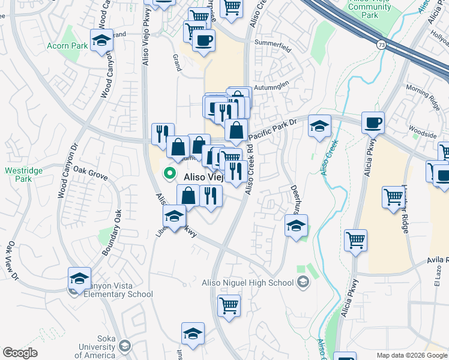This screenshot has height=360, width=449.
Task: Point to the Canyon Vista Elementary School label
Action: click(118, 290)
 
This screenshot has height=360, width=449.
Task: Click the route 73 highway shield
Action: click(381, 44)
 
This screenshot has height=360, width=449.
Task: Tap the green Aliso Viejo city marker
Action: click(170, 173)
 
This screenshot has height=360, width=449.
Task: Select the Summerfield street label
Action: click(273, 43)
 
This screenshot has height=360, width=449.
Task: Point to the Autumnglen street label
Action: click(271, 86)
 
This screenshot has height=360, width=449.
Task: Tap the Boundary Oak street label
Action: click(112, 233)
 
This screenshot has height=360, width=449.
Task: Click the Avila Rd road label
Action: click(438, 260)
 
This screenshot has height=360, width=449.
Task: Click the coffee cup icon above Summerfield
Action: click(203, 40)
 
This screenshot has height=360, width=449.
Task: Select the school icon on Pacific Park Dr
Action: click(320, 126)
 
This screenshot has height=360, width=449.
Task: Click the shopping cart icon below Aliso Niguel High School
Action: click(229, 305)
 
